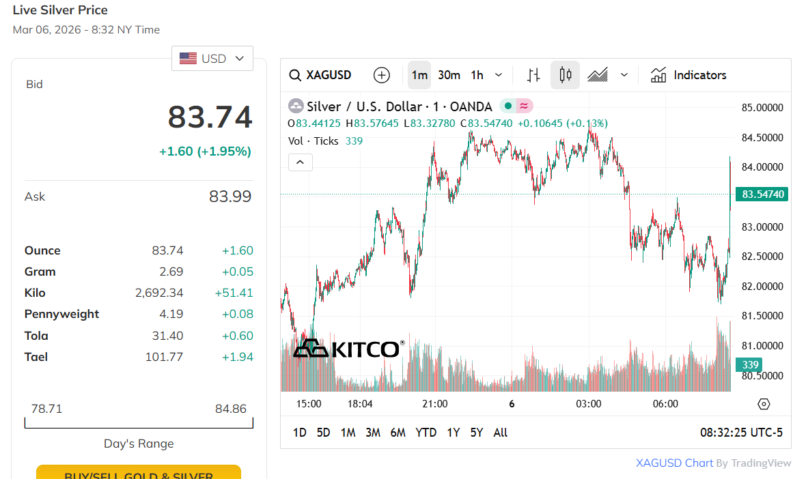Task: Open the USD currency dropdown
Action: pyautogui.click(x=212, y=59)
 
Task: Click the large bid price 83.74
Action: pyautogui.click(x=210, y=117)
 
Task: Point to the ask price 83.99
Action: pyautogui.click(x=230, y=197)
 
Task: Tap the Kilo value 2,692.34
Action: pyautogui.click(x=159, y=293)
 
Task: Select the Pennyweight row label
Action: pyautogui.click(x=61, y=314)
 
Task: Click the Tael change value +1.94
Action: pyautogui.click(x=237, y=357)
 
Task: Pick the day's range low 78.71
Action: pyautogui.click(x=46, y=409)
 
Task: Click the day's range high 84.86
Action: pyautogui.click(x=230, y=409)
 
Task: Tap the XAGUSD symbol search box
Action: pyautogui.click(x=320, y=75)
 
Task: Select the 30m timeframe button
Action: pyautogui.click(x=449, y=75)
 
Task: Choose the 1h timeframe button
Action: pyautogui.click(x=477, y=75)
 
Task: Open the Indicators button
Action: pyautogui.click(x=688, y=75)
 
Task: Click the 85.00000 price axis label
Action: pyautogui.click(x=762, y=108)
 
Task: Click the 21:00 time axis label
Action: pyautogui.click(x=435, y=404)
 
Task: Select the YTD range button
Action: pyautogui.click(x=426, y=433)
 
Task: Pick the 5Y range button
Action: pyautogui.click(x=476, y=433)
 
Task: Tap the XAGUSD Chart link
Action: pyautogui.click(x=674, y=463)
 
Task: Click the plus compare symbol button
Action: pyautogui.click(x=382, y=75)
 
